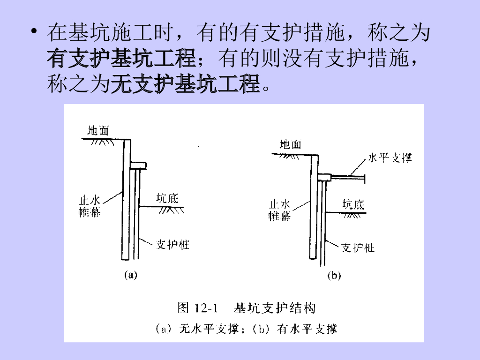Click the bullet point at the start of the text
click(34, 34)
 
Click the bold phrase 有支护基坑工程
click(121, 60)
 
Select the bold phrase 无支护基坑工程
click(185, 85)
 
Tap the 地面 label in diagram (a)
click(98, 130)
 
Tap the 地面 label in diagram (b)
click(291, 144)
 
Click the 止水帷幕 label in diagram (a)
click(89, 207)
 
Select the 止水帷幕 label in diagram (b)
click(279, 210)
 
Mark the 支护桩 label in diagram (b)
click(358, 247)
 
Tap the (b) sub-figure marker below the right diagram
click(334, 276)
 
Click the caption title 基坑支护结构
click(275, 308)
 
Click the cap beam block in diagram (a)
click(138, 165)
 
